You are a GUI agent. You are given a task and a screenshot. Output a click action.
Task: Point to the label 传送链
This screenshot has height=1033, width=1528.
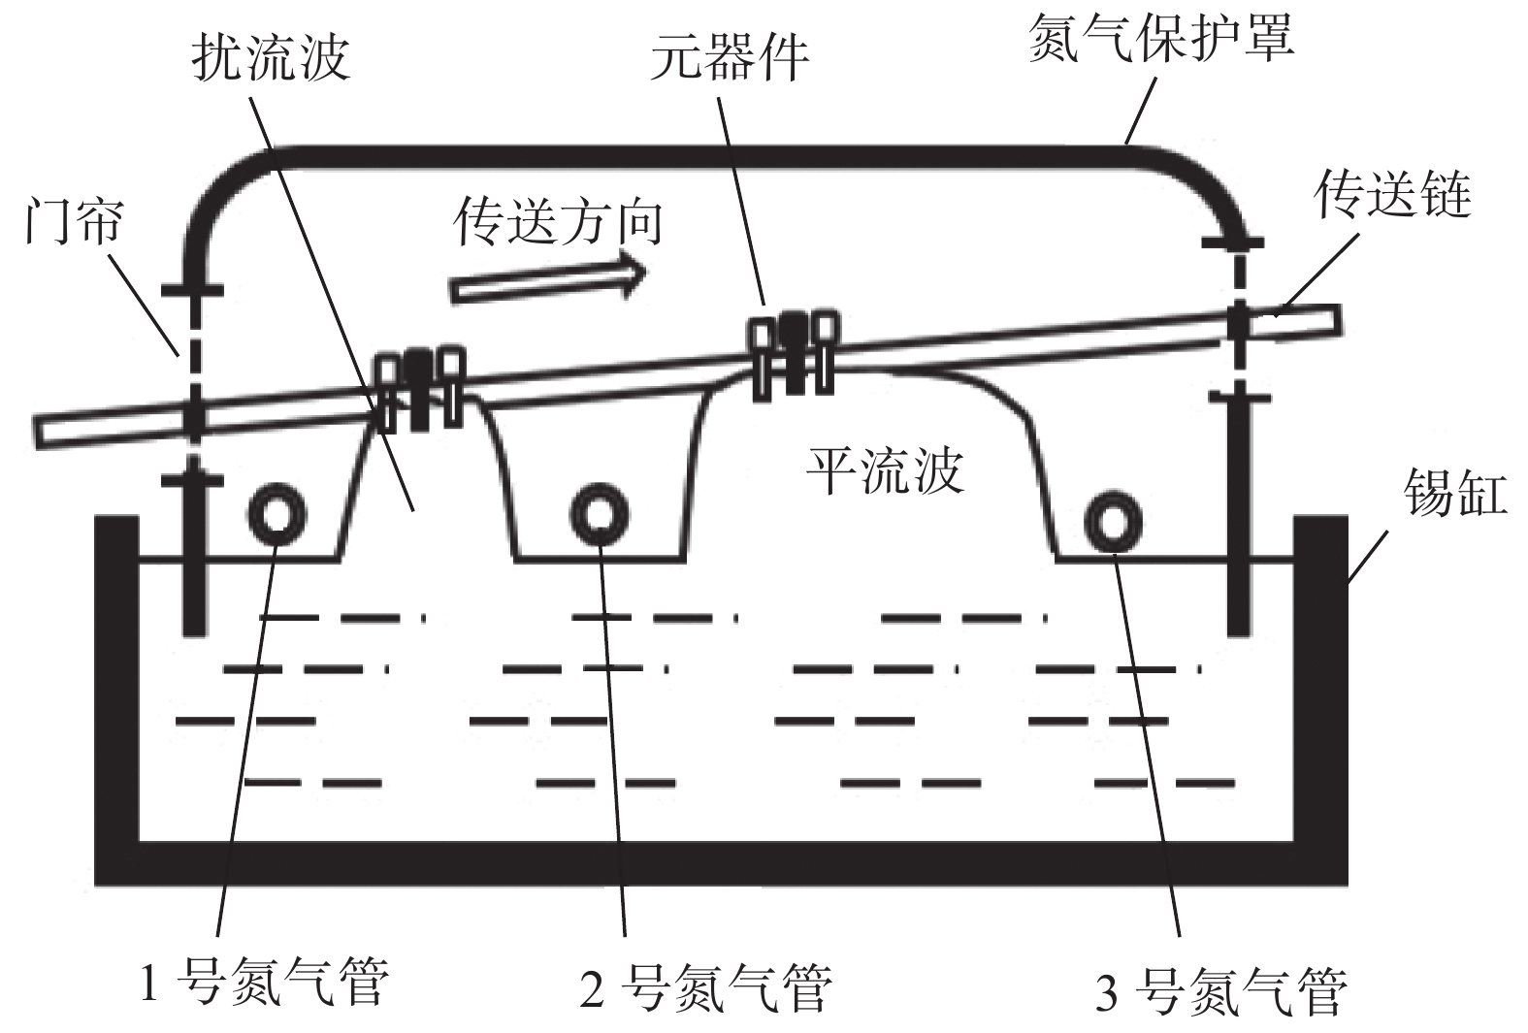tap(1393, 195)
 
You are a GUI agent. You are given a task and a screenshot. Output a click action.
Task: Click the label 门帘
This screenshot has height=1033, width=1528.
tap(74, 220)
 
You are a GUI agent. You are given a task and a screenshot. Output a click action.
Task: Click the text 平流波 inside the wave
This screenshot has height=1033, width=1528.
tap(885, 470)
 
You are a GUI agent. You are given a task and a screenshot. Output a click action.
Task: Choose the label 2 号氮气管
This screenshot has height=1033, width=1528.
tap(705, 987)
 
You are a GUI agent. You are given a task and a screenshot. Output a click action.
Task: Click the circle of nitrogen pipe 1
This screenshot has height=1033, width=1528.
tap(277, 514)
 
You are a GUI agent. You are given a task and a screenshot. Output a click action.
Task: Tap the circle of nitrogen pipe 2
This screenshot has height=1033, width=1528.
tap(600, 514)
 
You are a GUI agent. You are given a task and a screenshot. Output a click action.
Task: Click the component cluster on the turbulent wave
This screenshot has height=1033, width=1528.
tap(419, 388)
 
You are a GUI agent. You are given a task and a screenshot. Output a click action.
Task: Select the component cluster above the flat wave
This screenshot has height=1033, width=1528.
tap(793, 352)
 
